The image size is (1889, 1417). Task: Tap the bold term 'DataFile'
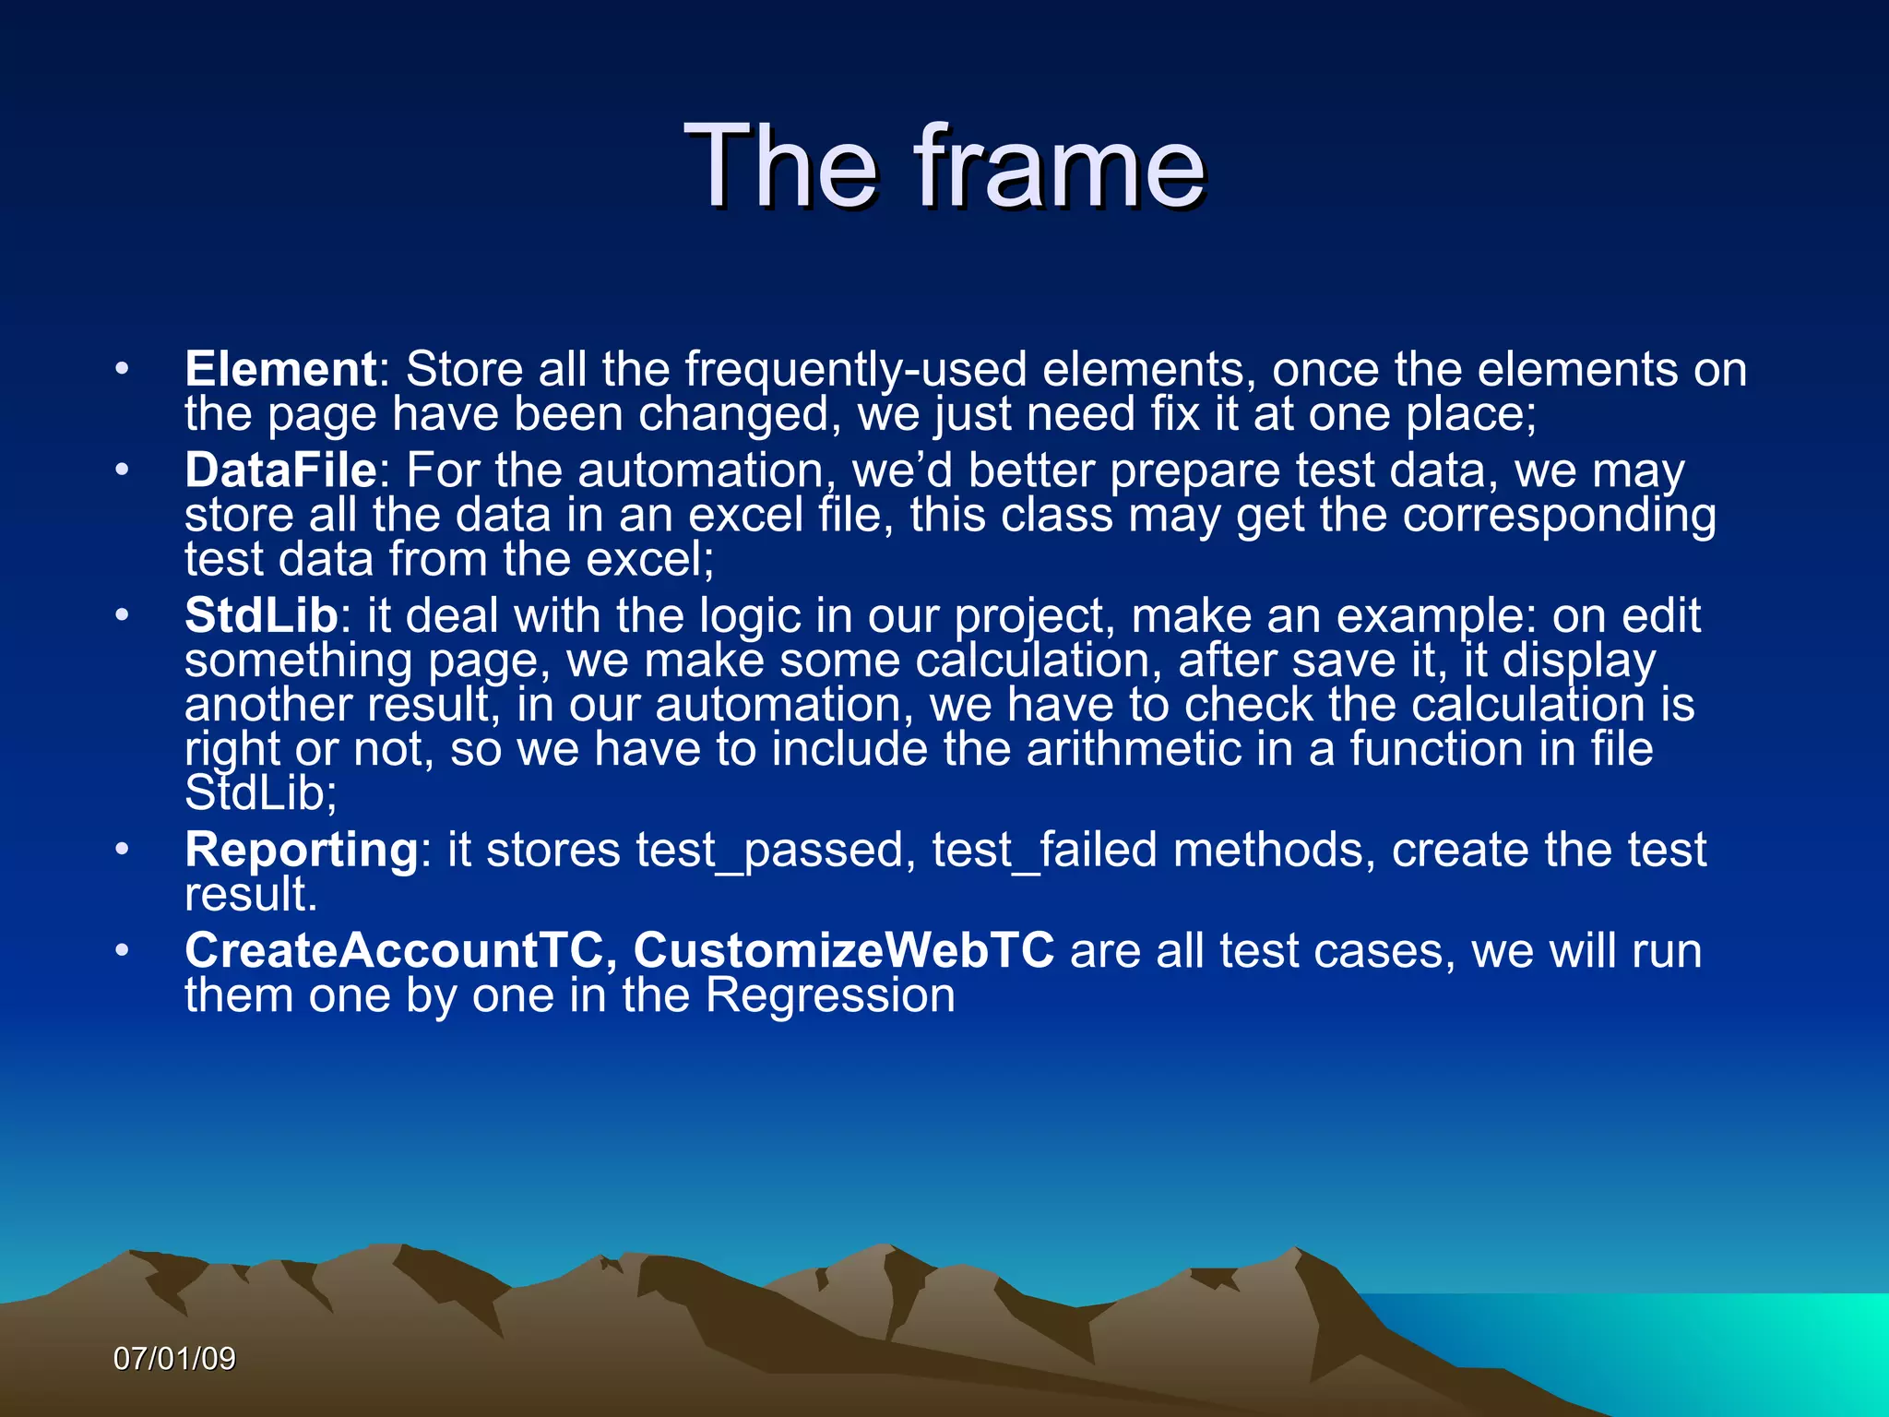pos(280,470)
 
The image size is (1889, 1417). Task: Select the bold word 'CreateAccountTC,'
pos(400,951)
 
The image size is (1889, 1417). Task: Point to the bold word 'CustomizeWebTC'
pos(843,951)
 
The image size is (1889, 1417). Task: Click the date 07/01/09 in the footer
pos(174,1359)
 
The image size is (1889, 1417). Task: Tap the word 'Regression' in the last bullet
pos(830,996)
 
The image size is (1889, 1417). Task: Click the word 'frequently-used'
pos(855,370)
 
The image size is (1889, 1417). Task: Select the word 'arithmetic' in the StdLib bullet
pos(1135,749)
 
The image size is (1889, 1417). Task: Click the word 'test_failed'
pos(1044,851)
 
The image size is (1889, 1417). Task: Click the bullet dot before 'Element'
pos(122,369)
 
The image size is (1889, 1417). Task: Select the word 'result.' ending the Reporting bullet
pos(251,895)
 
